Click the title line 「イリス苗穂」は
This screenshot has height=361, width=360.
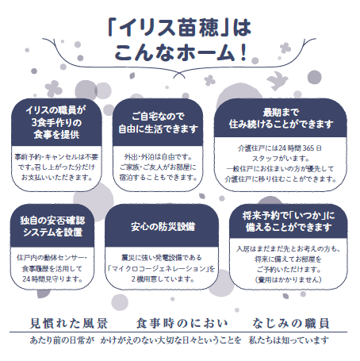pos(179,28)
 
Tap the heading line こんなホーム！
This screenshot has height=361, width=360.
pos(181,52)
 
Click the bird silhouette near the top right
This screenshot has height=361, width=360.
pos(277,80)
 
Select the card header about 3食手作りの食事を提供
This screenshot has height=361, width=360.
pos(56,122)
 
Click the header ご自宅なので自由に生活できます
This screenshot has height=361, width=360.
pos(158,122)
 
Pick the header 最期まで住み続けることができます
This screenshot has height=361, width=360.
pos(281,118)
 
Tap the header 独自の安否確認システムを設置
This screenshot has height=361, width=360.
pos(52,226)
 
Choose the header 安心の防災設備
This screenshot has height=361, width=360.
pos(162,226)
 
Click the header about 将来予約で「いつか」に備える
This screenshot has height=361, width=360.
pos(289,221)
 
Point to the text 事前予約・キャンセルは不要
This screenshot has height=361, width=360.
pos(56,157)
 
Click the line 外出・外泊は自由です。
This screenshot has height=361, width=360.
pos(158,157)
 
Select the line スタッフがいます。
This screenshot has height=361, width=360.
pos(281,159)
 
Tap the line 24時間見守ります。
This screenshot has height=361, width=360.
pos(52,279)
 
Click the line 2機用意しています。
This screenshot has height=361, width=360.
pos(163,279)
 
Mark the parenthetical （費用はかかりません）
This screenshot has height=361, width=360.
pos(289,280)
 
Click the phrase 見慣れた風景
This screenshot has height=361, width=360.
pos(69,323)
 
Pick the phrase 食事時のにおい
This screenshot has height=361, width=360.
pos(182,323)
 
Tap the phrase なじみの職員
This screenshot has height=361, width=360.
pos(291,323)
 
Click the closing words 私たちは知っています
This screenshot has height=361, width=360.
pos(289,340)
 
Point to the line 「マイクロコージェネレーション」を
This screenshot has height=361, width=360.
pos(162,269)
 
